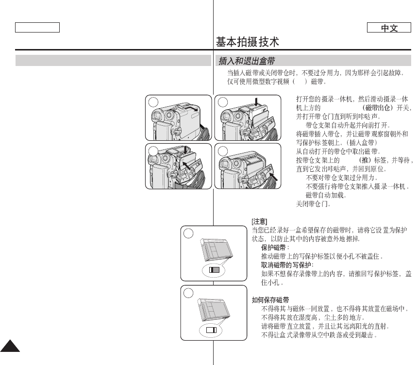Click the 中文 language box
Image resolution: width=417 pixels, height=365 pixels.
[x=389, y=28]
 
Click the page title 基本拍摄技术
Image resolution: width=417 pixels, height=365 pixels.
[x=248, y=42]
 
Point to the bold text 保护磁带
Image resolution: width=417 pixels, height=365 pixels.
[x=275, y=248]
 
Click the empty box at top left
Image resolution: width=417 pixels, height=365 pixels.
[x=37, y=28]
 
